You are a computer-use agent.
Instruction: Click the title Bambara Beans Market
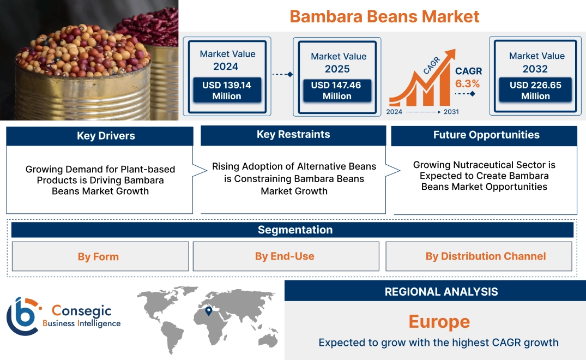(x=384, y=16)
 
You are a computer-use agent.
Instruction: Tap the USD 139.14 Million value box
(x=226, y=90)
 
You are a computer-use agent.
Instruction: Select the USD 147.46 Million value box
(x=337, y=90)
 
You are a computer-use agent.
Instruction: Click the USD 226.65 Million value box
(x=535, y=90)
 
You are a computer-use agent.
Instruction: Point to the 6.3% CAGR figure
(x=468, y=83)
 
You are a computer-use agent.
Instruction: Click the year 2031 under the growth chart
(x=451, y=111)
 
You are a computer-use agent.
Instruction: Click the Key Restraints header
(x=293, y=135)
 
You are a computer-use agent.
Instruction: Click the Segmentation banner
(x=295, y=230)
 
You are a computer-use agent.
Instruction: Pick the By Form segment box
(x=98, y=256)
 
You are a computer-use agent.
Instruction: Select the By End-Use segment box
(x=285, y=256)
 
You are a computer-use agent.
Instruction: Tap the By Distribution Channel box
(x=485, y=256)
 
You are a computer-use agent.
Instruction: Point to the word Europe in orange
(x=439, y=321)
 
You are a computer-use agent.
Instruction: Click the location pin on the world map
(x=208, y=311)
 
